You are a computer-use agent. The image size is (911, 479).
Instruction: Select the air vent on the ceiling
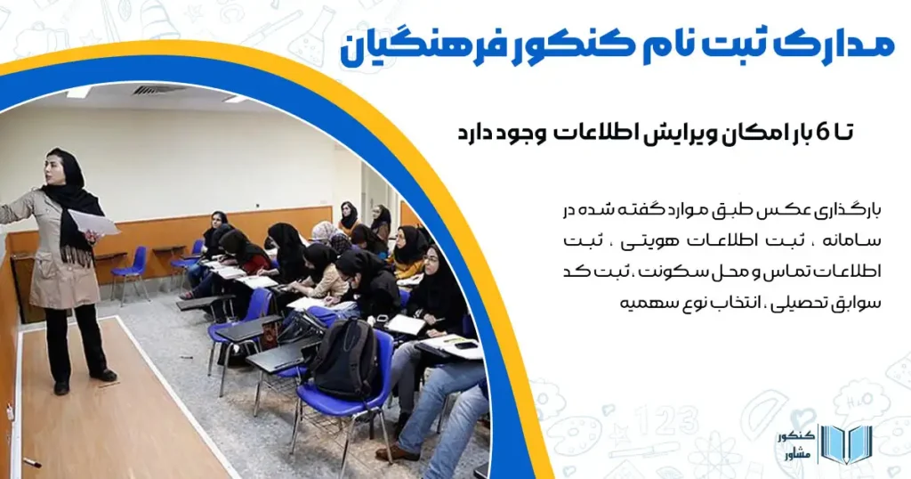click(x=160, y=89)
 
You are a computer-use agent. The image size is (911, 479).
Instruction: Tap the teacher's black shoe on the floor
click(x=105, y=375)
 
